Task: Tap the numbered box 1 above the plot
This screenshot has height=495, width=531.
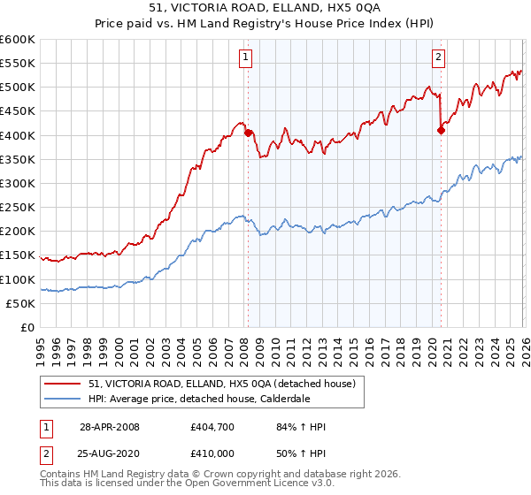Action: pos(244,57)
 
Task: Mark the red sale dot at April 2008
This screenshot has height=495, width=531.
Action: pos(248,133)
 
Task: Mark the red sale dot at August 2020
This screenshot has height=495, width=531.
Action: pos(441,130)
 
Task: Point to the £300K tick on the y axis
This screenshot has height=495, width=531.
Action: pos(18,183)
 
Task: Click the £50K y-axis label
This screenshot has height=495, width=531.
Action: pos(20,303)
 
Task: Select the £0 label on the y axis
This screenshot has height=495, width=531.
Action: pos(27,327)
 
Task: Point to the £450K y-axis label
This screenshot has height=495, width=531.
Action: pos(18,110)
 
